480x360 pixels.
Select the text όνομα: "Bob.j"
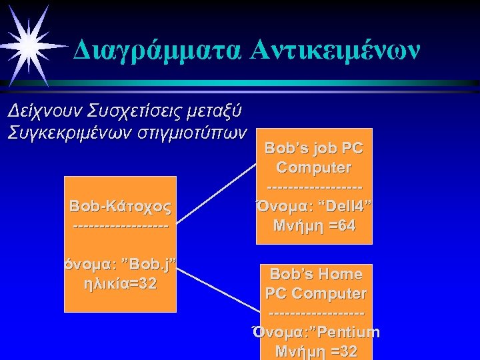[120, 266]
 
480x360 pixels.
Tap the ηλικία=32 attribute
[120, 283]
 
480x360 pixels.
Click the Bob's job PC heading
[314, 147]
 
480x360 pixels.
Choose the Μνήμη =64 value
[314, 226]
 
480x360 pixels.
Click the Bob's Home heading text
[315, 274]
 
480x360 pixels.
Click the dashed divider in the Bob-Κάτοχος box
[120, 227]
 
